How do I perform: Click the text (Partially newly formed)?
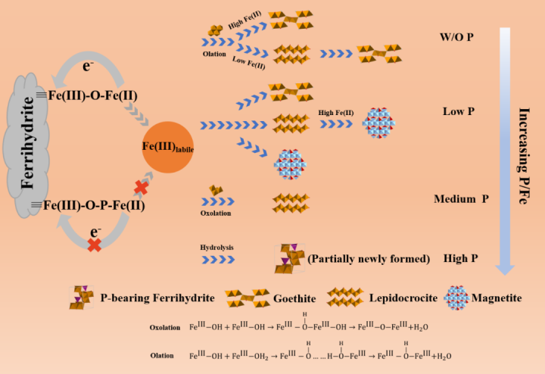[369, 259]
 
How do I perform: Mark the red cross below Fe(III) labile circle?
[141, 187]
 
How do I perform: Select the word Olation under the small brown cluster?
[215, 55]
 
